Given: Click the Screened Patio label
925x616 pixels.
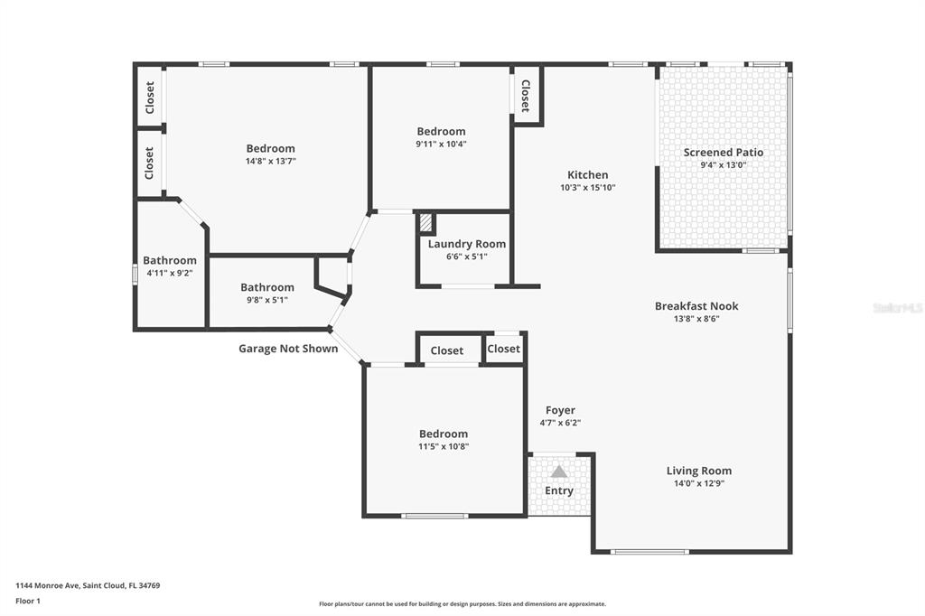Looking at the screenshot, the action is pos(724,153).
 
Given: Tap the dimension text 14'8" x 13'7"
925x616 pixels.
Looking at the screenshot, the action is pos(271,161).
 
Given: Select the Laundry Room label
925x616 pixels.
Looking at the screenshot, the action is pos(467,244).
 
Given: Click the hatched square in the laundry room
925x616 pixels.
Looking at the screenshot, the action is pos(426,223).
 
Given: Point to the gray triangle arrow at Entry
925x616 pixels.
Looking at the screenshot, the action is pos(558,471).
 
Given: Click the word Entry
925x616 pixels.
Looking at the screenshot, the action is pos(558,490).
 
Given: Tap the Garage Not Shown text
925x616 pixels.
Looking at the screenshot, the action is pos(288,349).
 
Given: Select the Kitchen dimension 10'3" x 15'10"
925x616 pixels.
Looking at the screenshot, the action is pos(587,188).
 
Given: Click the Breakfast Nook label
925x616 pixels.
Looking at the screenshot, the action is pos(696,305).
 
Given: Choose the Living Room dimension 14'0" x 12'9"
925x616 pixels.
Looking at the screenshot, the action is pos(699,483).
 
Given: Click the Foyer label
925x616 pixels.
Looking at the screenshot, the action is pos(560,410).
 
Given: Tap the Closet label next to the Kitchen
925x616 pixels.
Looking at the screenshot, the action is pos(525,96).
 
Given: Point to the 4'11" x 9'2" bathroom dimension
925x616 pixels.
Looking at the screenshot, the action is pos(170,273).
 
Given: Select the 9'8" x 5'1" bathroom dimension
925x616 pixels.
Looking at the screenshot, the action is pos(267,300).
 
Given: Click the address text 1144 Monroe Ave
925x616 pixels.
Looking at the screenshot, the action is pos(47,586).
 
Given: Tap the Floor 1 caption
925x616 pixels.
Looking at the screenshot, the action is pos(28,602).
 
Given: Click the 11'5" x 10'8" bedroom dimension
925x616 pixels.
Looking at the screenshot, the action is pos(444,447).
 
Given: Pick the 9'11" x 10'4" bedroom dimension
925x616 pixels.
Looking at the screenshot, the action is pos(441,144).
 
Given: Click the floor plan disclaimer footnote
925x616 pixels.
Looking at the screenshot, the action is pos(462,604).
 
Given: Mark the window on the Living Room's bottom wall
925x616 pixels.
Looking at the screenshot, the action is pos(649,552).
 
